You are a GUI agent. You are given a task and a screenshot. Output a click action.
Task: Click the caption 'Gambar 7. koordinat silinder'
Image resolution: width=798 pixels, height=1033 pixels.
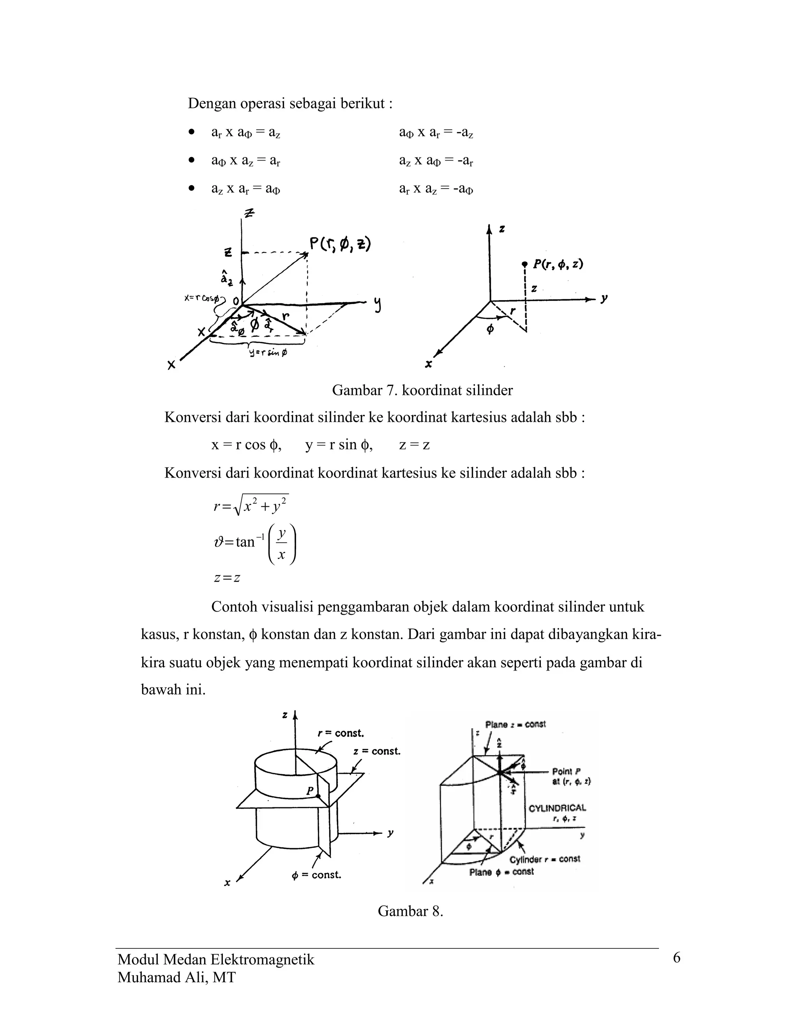[422, 390]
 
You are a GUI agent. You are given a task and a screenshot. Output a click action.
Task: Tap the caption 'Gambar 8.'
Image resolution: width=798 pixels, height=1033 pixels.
[410, 911]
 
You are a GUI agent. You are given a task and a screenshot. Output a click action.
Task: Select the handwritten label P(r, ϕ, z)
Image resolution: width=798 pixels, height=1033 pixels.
[339, 244]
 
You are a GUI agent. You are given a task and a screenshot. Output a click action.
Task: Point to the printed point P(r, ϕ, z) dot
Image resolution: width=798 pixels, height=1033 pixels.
[524, 264]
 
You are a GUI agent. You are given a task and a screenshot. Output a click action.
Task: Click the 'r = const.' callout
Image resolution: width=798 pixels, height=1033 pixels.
[341, 733]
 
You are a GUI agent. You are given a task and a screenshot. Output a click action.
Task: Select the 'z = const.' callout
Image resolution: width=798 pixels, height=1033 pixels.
[376, 751]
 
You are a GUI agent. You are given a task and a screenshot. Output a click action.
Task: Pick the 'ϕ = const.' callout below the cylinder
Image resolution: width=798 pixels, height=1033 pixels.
[316, 875]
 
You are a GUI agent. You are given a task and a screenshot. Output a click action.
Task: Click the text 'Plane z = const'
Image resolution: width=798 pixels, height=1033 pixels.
[515, 724]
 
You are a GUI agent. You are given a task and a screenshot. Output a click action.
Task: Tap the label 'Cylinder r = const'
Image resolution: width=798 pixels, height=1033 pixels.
[545, 859]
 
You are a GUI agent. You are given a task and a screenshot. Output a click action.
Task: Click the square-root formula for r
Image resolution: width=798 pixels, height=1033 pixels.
[251, 506]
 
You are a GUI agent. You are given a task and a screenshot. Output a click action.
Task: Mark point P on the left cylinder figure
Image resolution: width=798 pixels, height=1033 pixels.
[318, 796]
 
